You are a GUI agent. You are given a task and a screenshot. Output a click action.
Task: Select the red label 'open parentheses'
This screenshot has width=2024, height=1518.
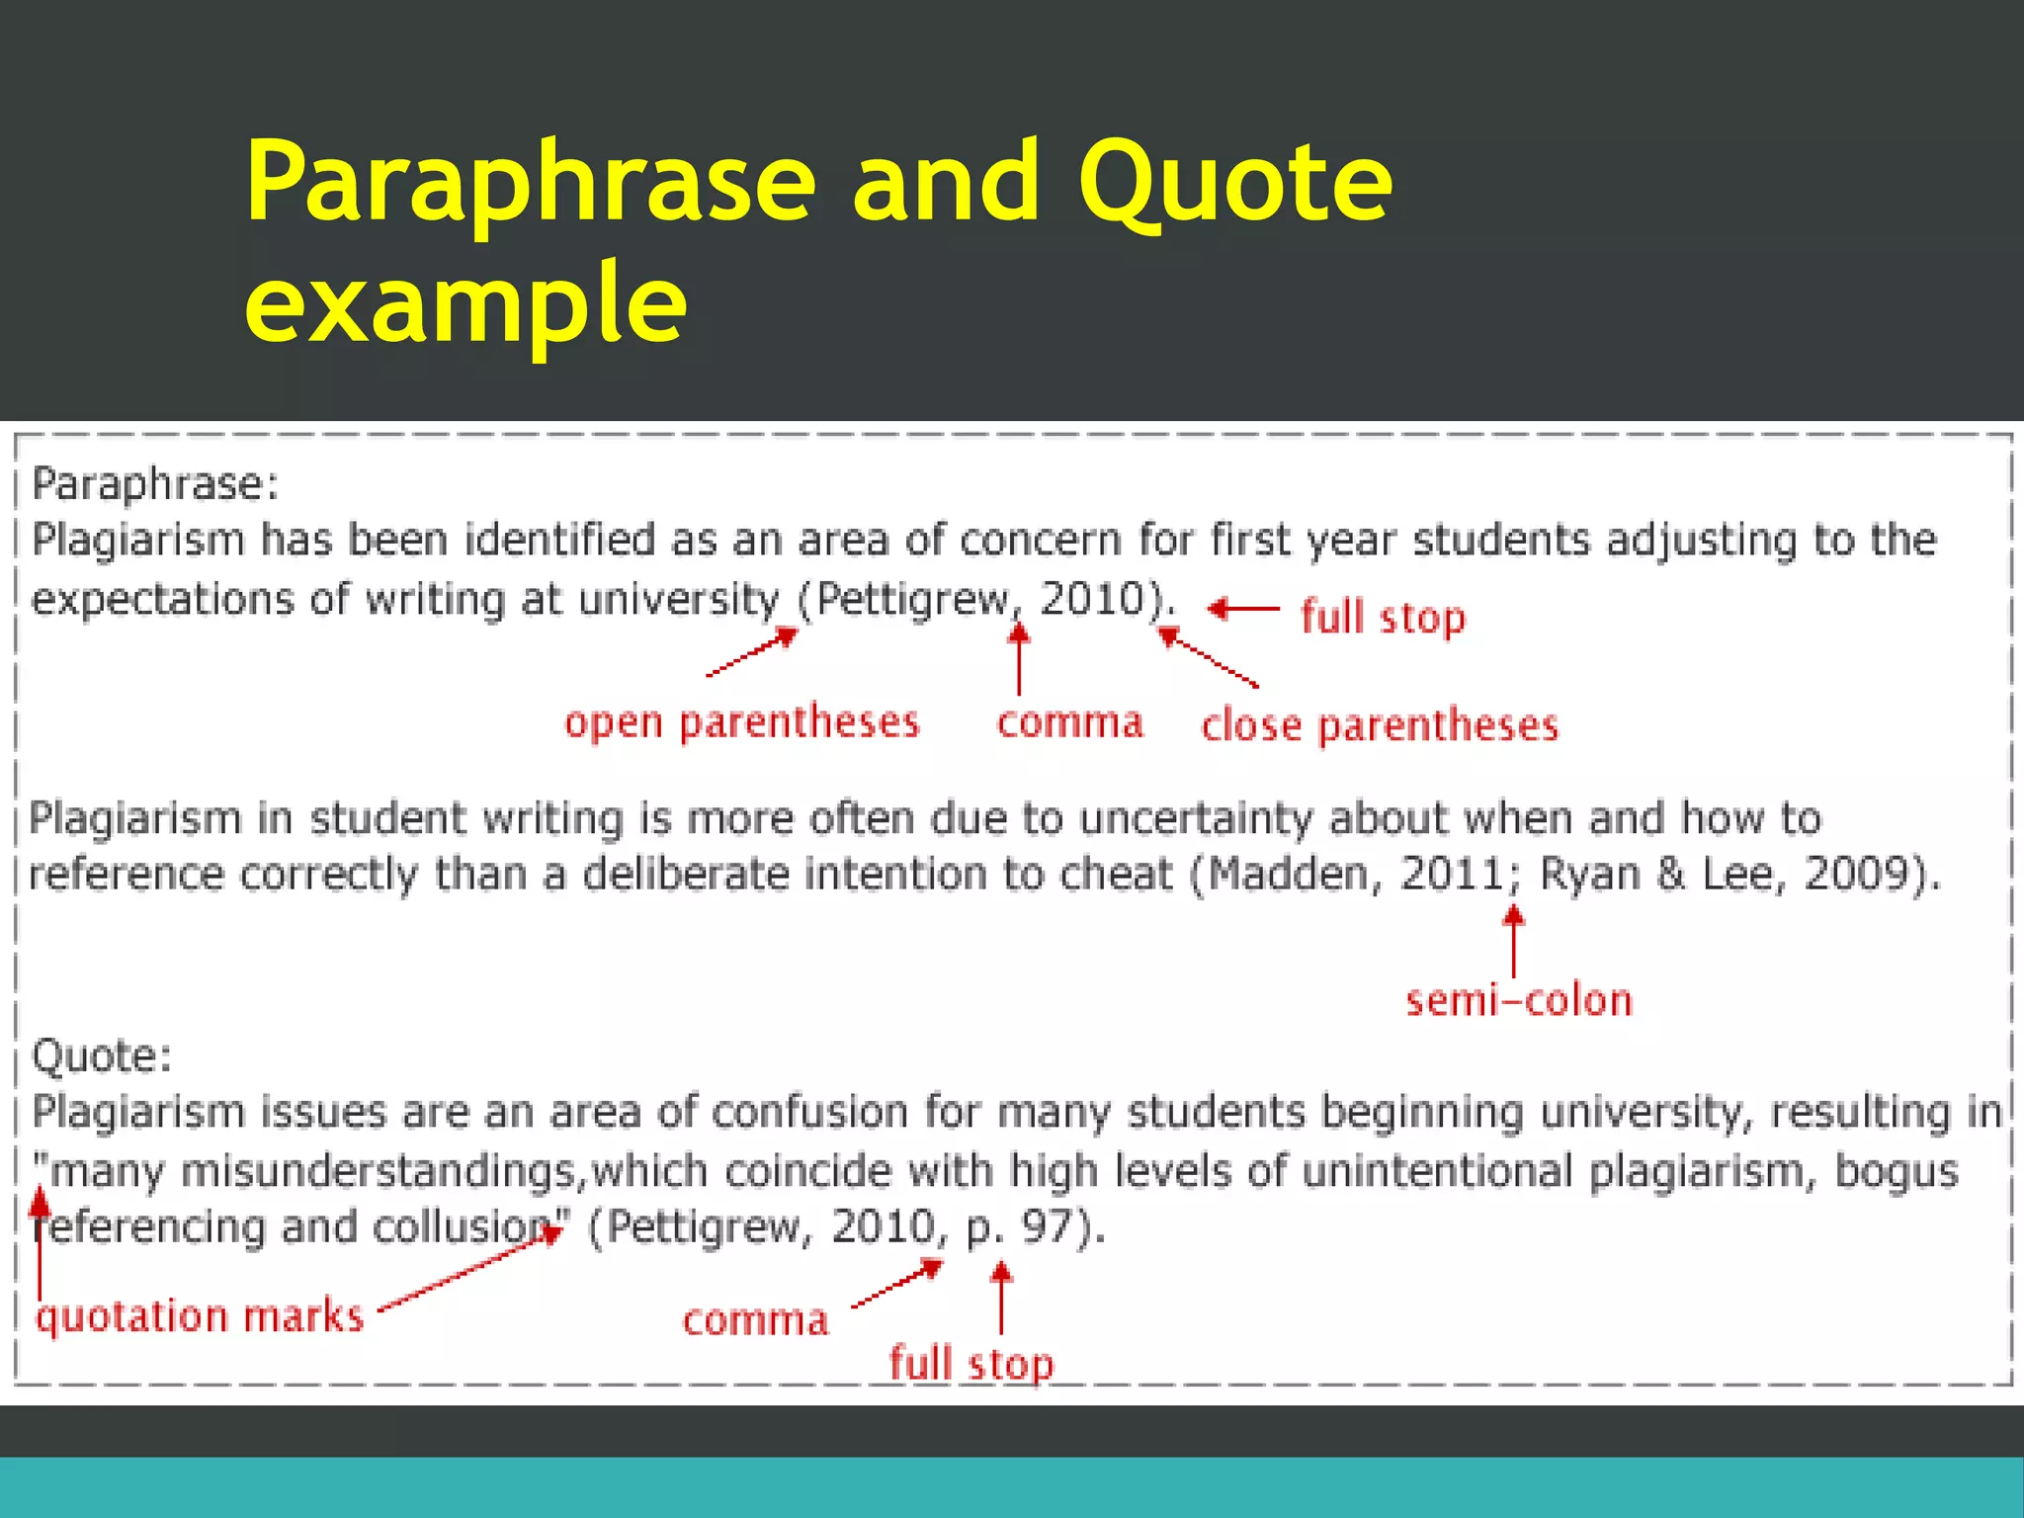(741, 722)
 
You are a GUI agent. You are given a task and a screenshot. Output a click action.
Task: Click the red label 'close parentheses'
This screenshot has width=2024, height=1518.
(1380, 726)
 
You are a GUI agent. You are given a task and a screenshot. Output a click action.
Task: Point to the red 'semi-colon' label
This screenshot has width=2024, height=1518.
(1519, 1001)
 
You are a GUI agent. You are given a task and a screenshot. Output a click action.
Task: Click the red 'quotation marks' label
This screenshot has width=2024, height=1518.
(200, 1317)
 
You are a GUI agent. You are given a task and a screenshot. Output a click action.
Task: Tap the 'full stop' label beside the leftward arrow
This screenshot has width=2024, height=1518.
(1382, 618)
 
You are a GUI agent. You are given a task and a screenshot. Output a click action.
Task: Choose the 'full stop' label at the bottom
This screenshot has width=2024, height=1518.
(970, 1365)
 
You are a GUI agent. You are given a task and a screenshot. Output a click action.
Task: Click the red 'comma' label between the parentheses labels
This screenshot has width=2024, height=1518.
(1069, 722)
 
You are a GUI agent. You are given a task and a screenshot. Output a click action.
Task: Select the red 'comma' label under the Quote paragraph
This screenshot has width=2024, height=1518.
(755, 1320)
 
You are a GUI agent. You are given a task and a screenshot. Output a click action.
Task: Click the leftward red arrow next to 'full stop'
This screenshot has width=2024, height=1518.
(1243, 609)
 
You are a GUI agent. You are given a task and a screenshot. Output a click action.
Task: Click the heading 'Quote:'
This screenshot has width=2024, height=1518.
(102, 1056)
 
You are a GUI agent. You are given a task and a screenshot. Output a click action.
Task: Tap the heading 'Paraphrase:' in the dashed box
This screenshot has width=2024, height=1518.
(155, 484)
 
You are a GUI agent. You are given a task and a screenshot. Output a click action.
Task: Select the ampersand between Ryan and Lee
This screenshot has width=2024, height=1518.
(1670, 874)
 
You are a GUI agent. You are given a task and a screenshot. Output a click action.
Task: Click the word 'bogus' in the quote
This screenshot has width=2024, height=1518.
(1896, 1171)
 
